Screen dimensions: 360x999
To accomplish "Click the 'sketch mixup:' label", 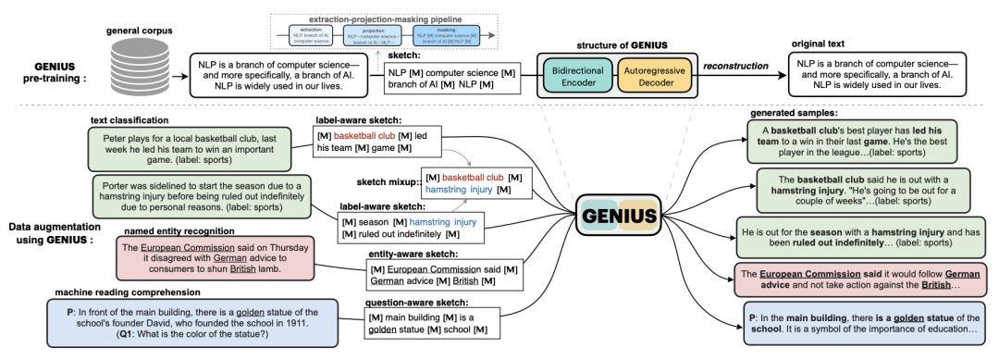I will click(x=388, y=182).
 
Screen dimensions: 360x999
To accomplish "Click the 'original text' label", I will click(x=823, y=43).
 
